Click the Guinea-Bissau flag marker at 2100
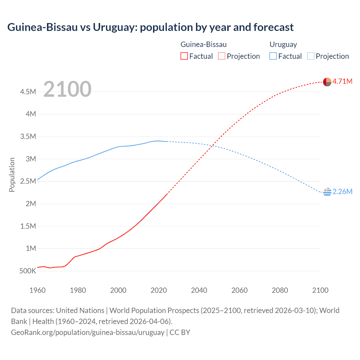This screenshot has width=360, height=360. pyautogui.click(x=327, y=82)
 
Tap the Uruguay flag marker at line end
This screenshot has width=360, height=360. pyautogui.click(x=327, y=192)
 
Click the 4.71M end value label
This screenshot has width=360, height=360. pyautogui.click(x=342, y=82)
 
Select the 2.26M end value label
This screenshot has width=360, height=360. pyautogui.click(x=342, y=192)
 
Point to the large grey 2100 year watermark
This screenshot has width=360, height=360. pyautogui.click(x=67, y=89)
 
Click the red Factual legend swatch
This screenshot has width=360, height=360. pyautogui.click(x=184, y=56)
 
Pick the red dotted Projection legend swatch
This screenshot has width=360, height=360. pyautogui.click(x=222, y=56)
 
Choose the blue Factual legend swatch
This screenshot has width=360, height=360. pyautogui.click(x=273, y=56)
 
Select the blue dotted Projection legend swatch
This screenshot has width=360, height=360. pyautogui.click(x=311, y=56)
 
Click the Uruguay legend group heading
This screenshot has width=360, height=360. pyautogui.click(x=283, y=44)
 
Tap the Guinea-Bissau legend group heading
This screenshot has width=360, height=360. pyautogui.click(x=203, y=44)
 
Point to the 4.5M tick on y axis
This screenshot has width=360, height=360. pyautogui.click(x=28, y=92)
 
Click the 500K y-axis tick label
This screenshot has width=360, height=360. pyautogui.click(x=28, y=271)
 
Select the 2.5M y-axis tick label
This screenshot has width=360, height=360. pyautogui.click(x=28, y=181)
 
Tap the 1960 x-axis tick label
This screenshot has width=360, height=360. pyautogui.click(x=37, y=290)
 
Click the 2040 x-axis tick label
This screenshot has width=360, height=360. pyautogui.click(x=199, y=290)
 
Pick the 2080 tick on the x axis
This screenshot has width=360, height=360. pyautogui.click(x=280, y=290)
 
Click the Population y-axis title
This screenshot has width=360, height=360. pyautogui.click(x=12, y=175)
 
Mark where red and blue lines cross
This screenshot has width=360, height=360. pyautogui.click(x=213, y=146)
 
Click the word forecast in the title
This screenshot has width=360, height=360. pyautogui.click(x=273, y=27)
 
